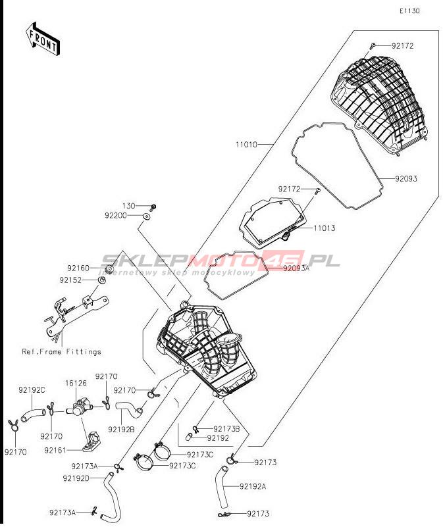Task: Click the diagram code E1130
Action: click(409, 11)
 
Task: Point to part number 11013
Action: click(324, 228)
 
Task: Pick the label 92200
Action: click(116, 215)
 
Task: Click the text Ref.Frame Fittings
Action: click(61, 351)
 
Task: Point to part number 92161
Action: click(55, 450)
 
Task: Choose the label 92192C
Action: click(32, 390)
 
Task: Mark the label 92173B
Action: click(226, 428)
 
